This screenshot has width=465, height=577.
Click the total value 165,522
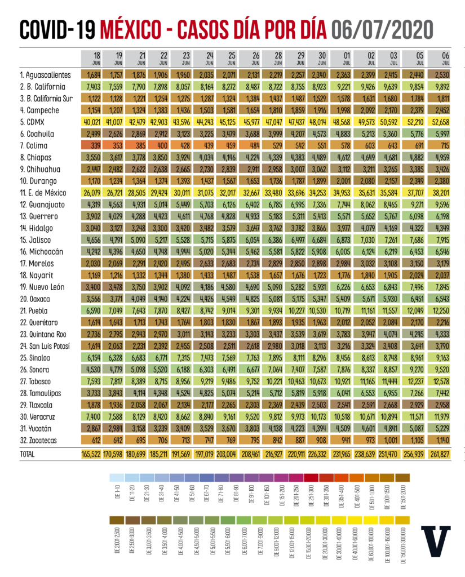tap(93, 453)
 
